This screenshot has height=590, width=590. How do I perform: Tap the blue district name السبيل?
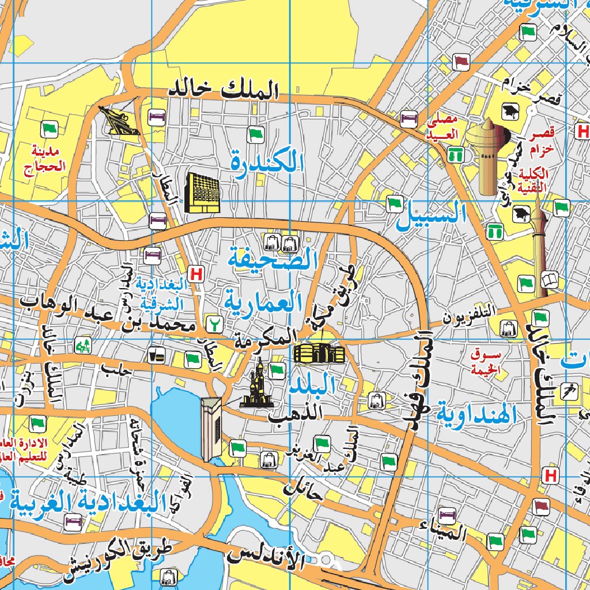[x=431, y=215]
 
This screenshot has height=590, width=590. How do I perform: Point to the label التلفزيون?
[x=470, y=313]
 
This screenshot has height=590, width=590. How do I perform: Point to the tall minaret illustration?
[x=539, y=248]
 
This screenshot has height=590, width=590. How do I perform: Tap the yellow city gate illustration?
[x=319, y=352]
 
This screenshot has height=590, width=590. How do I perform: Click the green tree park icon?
[x=84, y=346]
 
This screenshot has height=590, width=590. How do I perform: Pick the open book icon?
[x=550, y=281]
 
